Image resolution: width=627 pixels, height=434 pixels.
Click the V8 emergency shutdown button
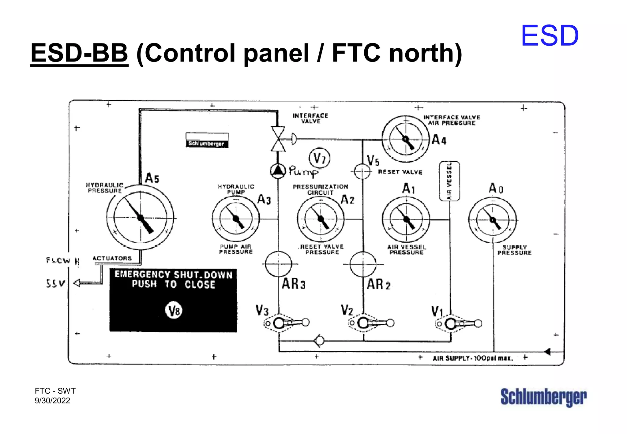(174, 311)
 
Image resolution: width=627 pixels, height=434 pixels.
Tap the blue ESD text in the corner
(550, 36)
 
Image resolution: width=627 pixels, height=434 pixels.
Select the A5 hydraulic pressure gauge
(141, 218)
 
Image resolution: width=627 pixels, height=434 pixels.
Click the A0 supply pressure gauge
(493, 220)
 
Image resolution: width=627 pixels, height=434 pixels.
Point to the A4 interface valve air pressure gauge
(406, 139)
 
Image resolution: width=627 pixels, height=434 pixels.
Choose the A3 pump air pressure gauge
(236, 219)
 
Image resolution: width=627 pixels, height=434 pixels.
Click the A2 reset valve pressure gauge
(321, 219)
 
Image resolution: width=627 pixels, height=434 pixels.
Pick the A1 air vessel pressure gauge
(406, 219)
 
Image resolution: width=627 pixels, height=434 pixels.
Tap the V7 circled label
(320, 158)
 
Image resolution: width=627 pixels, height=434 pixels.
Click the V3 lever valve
(286, 323)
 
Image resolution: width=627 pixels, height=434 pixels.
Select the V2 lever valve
(371, 323)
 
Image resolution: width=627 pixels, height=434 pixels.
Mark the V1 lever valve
(458, 324)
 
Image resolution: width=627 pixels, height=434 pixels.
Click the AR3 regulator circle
(278, 264)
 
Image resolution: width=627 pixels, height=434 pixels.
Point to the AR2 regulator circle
(363, 264)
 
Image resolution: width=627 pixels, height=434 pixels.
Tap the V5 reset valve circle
(362, 171)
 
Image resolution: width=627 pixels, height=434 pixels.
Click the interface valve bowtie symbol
(278, 139)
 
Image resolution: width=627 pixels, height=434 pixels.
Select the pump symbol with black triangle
(278, 171)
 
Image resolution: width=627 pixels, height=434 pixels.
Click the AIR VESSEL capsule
(449, 181)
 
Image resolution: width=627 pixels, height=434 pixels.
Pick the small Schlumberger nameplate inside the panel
(207, 140)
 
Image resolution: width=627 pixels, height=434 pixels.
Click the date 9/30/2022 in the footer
(52, 401)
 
